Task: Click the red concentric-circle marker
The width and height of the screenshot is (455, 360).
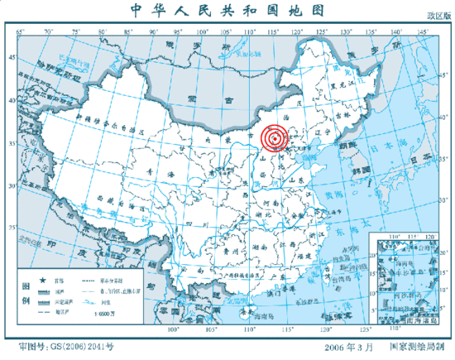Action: pyautogui.click(x=275, y=138)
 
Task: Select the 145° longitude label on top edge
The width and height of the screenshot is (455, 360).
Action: pyautogui.click(x=422, y=31)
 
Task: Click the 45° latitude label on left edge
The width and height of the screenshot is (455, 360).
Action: pyautogui.click(x=10, y=57)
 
